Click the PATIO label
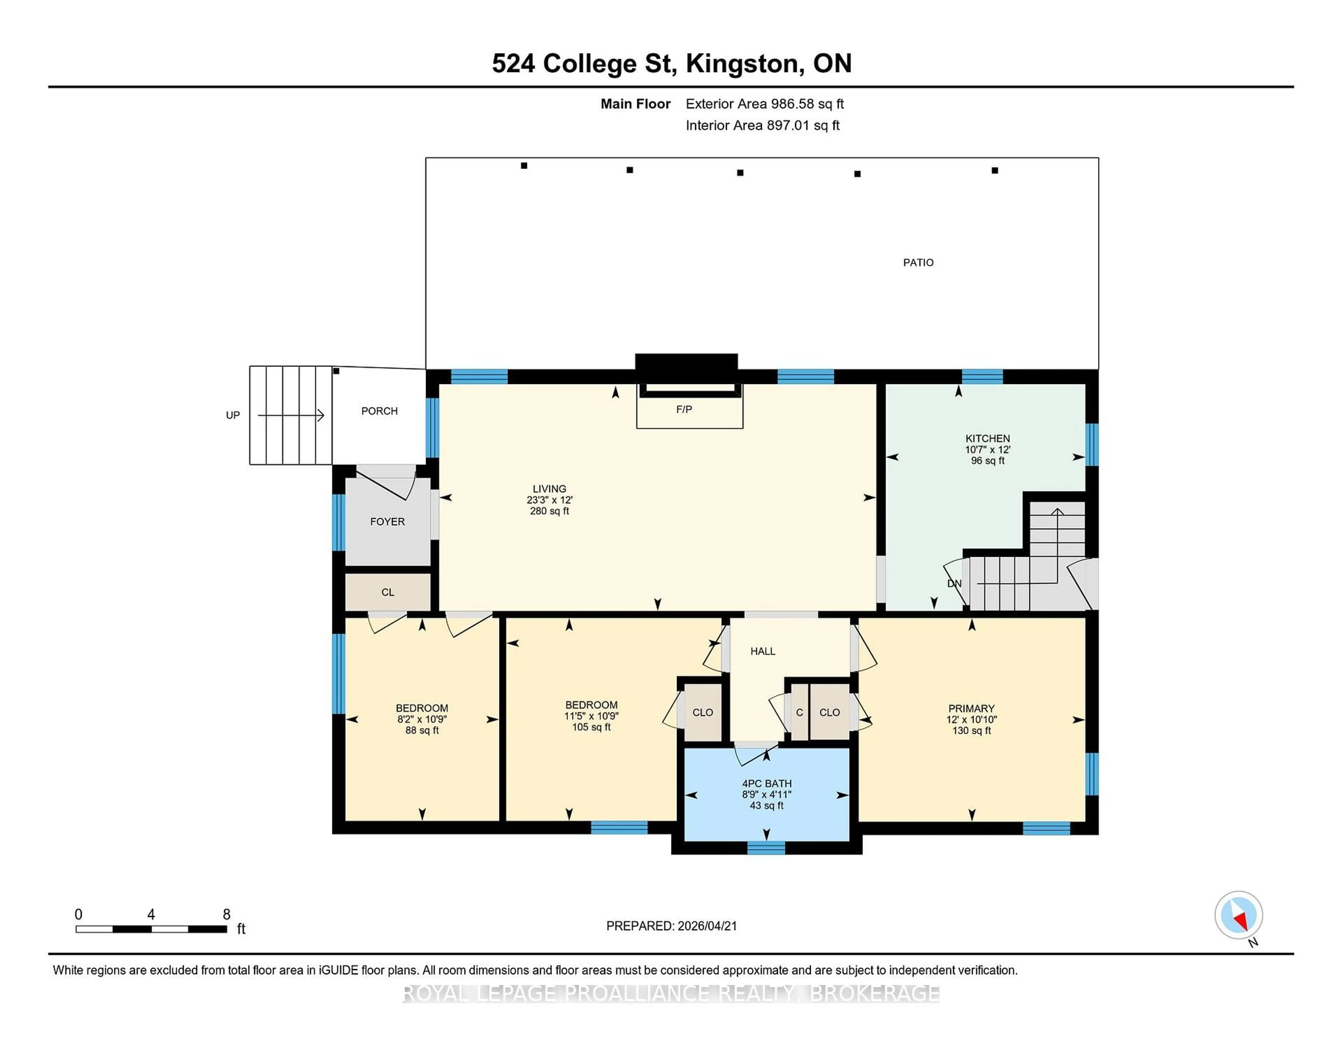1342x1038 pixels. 918,263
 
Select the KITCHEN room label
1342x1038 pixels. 987,439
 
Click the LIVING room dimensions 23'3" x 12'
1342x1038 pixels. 549,500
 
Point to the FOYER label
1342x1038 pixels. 387,521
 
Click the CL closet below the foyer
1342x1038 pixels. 387,592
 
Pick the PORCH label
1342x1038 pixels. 379,411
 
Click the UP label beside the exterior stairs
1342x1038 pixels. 233,415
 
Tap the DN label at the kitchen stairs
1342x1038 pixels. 954,584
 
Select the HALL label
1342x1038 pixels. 763,651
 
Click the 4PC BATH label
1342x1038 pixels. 766,783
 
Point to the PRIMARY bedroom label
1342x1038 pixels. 971,709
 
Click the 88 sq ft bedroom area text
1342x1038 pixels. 422,731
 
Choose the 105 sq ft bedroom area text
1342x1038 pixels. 591,727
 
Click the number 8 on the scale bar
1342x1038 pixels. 227,915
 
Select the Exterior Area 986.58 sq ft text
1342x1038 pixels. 764,104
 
